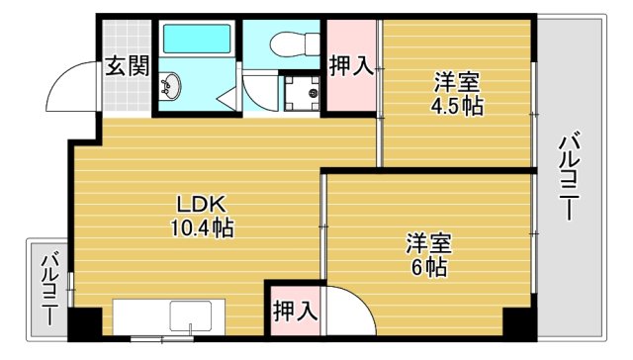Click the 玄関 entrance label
[128, 67]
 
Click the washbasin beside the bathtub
[170, 87]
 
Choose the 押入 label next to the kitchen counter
[295, 311]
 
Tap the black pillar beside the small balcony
[86, 323]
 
